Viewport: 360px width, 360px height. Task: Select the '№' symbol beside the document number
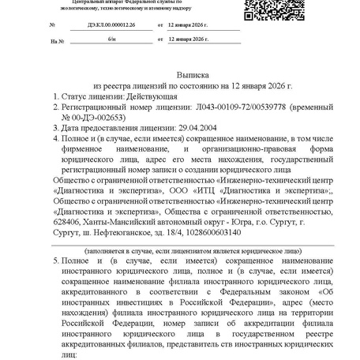[x=53, y=24]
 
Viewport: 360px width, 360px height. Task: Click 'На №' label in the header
[x=55, y=39]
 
